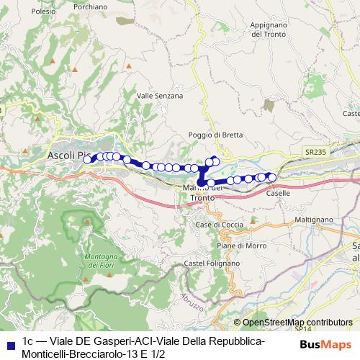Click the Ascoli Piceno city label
point(69,155)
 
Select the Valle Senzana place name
point(160,95)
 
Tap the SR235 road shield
point(314,153)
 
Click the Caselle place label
point(278,193)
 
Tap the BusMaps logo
point(327,346)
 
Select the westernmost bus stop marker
point(87,160)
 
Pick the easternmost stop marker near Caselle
point(272,177)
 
